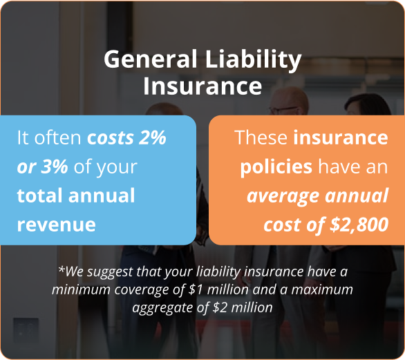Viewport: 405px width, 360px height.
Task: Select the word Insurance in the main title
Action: point(202,86)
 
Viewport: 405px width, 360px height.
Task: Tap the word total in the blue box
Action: point(39,196)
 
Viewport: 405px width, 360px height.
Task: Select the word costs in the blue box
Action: point(110,138)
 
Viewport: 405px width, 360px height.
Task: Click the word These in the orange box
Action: point(261,138)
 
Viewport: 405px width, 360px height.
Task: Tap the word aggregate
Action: point(160,307)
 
